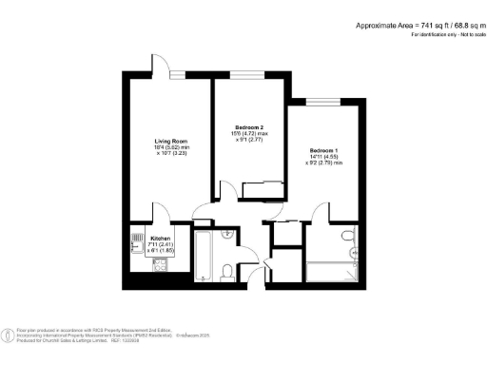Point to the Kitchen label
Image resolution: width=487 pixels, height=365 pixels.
coord(161,238)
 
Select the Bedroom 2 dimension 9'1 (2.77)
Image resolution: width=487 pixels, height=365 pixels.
coord(249,141)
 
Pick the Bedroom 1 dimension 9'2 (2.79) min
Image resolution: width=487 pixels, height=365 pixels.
coord(326,165)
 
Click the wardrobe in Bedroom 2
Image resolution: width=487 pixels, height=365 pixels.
coord(258,191)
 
